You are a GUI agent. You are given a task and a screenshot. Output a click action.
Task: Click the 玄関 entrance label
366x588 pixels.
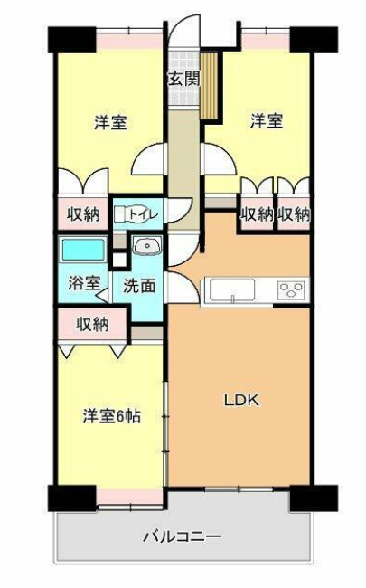(183, 79)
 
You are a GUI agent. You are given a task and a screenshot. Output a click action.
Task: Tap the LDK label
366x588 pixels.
(241, 400)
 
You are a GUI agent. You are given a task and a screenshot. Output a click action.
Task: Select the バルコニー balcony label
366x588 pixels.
(183, 536)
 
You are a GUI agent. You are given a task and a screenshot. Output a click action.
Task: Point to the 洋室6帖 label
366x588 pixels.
(112, 416)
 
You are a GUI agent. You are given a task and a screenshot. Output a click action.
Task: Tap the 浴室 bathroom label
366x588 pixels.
(84, 283)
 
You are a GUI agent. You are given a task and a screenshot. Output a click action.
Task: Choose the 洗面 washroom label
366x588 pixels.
(139, 286)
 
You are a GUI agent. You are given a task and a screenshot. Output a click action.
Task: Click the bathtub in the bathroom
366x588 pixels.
(83, 250)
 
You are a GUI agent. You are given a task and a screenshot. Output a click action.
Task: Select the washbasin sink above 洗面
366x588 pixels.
(147, 246)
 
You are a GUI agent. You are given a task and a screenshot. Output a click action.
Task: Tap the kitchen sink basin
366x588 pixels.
(232, 289)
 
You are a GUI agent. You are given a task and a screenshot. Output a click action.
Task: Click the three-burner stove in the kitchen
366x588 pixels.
(291, 289)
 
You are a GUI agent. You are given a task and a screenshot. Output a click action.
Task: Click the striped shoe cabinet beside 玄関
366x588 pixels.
(210, 85)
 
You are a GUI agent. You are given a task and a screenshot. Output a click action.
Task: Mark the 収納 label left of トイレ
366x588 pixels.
(83, 213)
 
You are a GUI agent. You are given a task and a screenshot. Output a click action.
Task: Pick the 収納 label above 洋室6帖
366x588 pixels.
(92, 324)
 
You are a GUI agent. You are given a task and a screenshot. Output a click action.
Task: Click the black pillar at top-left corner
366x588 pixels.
(72, 40)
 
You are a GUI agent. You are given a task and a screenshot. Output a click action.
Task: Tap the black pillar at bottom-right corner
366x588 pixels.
(314, 498)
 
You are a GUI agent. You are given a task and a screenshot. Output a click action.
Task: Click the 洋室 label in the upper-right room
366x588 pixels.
(267, 121)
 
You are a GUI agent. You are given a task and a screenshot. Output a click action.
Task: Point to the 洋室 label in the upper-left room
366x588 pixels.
(110, 123)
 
